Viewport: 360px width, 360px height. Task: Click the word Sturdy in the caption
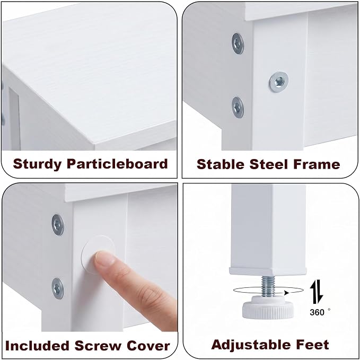[x=38, y=164]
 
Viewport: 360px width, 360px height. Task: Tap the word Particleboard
[x=117, y=164]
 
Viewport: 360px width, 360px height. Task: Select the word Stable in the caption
[x=221, y=164]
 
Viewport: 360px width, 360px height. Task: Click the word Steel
[x=269, y=164]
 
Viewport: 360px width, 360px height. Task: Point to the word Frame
[x=317, y=164]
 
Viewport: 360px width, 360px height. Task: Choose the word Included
[x=37, y=346]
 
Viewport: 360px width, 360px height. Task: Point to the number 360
[x=317, y=312]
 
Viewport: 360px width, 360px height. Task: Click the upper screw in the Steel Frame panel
[x=238, y=43]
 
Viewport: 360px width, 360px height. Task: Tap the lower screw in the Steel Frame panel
[x=238, y=108]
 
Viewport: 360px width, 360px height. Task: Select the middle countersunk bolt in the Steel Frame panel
[x=279, y=82]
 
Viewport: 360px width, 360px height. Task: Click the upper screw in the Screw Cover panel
[x=58, y=225]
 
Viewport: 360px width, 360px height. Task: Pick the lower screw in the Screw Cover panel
[x=58, y=288]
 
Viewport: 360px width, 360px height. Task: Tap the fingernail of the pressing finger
[x=105, y=259]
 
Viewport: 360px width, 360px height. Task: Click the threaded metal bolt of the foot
[x=268, y=286]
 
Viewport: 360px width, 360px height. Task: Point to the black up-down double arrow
[x=317, y=292]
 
